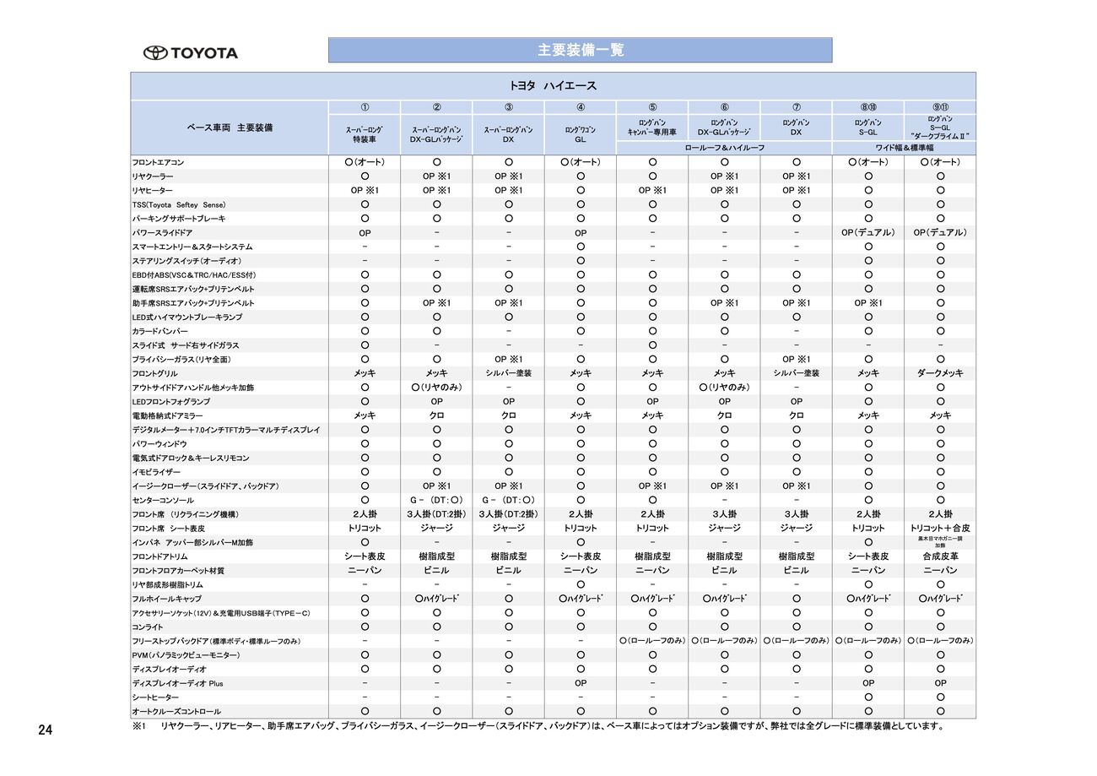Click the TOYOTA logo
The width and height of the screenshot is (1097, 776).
190,53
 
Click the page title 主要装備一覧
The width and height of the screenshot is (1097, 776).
581,50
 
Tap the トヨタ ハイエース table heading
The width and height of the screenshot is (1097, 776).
553,86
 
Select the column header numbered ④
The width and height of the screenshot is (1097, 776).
581,107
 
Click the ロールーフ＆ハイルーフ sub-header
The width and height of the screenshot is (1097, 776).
724,148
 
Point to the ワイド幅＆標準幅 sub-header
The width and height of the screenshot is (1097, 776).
904,148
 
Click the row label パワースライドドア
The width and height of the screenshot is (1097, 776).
162,232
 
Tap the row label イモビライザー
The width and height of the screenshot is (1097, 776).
155,472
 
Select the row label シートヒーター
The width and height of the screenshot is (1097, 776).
155,697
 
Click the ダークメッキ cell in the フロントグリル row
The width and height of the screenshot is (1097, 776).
940,373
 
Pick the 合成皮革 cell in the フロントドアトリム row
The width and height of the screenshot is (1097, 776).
940,556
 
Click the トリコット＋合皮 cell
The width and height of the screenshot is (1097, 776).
940,528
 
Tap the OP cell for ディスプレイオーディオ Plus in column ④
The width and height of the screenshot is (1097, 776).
581,683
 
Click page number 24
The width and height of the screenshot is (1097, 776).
45,730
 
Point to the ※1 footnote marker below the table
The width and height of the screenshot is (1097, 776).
139,726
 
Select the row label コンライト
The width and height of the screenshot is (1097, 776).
148,627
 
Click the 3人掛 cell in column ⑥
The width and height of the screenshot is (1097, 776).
724,514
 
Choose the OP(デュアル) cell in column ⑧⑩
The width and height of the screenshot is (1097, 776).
867,232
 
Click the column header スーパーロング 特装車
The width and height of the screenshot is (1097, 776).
365,134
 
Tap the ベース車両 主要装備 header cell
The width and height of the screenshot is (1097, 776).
230,128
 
